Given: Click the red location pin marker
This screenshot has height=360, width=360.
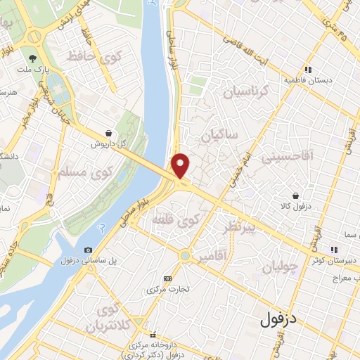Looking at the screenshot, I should pos(181,166).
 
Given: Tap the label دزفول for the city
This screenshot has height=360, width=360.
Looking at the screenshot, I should pos(278,321).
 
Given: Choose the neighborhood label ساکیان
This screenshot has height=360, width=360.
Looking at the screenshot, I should pos(220,134).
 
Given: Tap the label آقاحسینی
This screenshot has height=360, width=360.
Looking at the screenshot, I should pos(287,156).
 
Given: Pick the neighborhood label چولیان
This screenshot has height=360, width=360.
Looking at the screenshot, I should pos(280,266).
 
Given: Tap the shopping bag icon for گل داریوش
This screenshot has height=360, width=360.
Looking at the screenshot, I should pos(108,132).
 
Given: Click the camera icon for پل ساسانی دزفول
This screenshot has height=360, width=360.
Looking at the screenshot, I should pos(88,250).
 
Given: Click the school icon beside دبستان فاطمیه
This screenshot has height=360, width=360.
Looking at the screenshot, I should pos(308,70).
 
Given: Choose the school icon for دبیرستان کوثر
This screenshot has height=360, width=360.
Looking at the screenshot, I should pos(335,249).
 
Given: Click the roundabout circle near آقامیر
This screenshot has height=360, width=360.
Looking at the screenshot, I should pos(185,256).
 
